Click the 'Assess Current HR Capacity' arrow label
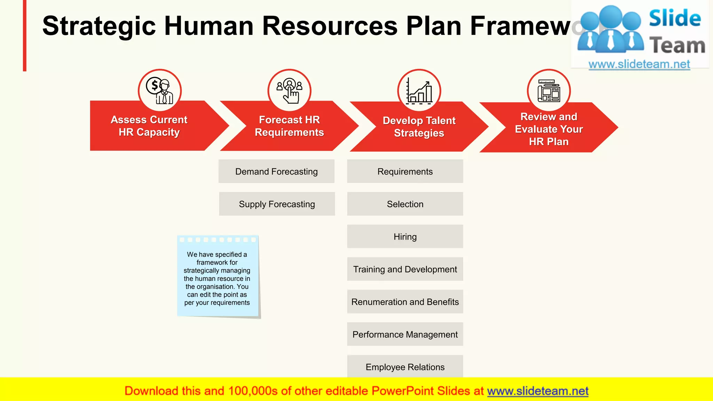pos(149,126)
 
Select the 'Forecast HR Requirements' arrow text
pos(289,126)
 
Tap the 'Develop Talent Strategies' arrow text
pos(419,127)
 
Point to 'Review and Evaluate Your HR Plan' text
pos(549,129)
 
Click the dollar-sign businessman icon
pos(160,91)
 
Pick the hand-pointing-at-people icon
pos(289,91)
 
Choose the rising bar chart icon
pos(419,91)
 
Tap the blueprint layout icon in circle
pos(549,91)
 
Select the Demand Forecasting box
pos(276,172)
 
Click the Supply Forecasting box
pos(277,204)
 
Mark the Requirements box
pos(405,172)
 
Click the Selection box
pos(405,204)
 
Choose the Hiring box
pos(405,237)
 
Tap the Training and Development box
pos(405,269)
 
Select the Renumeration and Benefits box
pos(405,302)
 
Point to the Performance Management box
pos(405,335)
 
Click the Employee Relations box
pos(405,367)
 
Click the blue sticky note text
pos(217,278)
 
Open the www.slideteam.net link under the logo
pos(639,64)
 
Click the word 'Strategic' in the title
pos(99,26)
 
